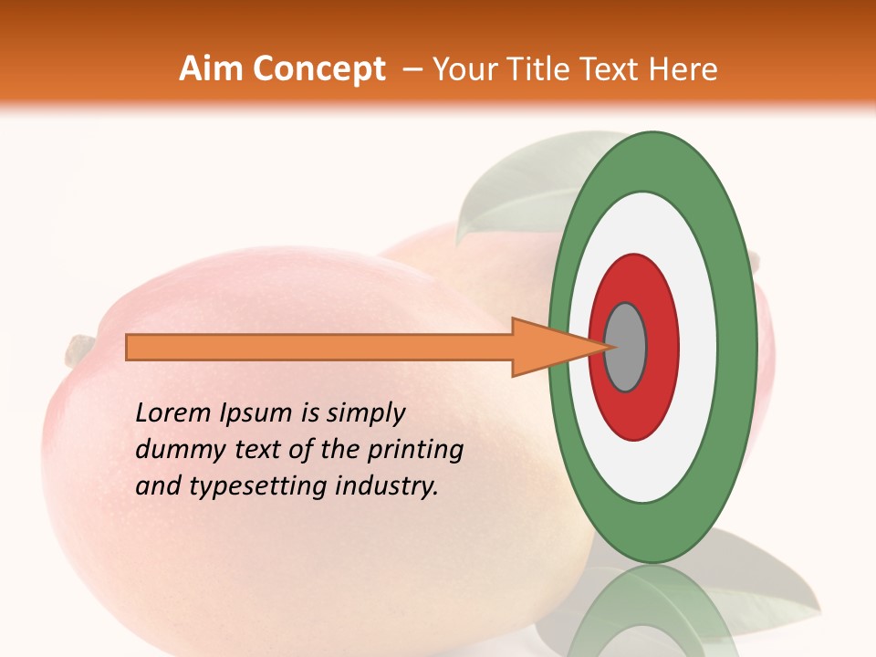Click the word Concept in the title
pos(318,69)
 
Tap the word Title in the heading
pos(543,69)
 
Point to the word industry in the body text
pos(389,487)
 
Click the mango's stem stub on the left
pos(79,348)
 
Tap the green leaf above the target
pos(511,187)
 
